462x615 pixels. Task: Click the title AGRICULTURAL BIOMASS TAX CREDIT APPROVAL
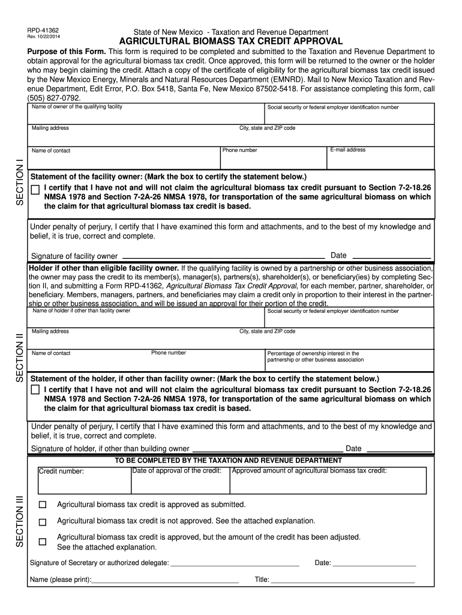click(x=230, y=41)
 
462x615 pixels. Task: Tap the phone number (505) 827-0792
click(x=54, y=97)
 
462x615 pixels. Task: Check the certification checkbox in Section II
click(x=35, y=390)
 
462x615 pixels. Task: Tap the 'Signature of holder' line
click(x=267, y=448)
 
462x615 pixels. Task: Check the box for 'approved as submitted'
click(x=42, y=504)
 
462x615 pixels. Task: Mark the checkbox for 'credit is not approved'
click(x=42, y=522)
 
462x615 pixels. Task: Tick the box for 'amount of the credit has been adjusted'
click(x=42, y=542)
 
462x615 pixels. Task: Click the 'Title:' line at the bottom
click(x=343, y=580)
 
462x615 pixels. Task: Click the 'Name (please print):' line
click(x=165, y=580)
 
